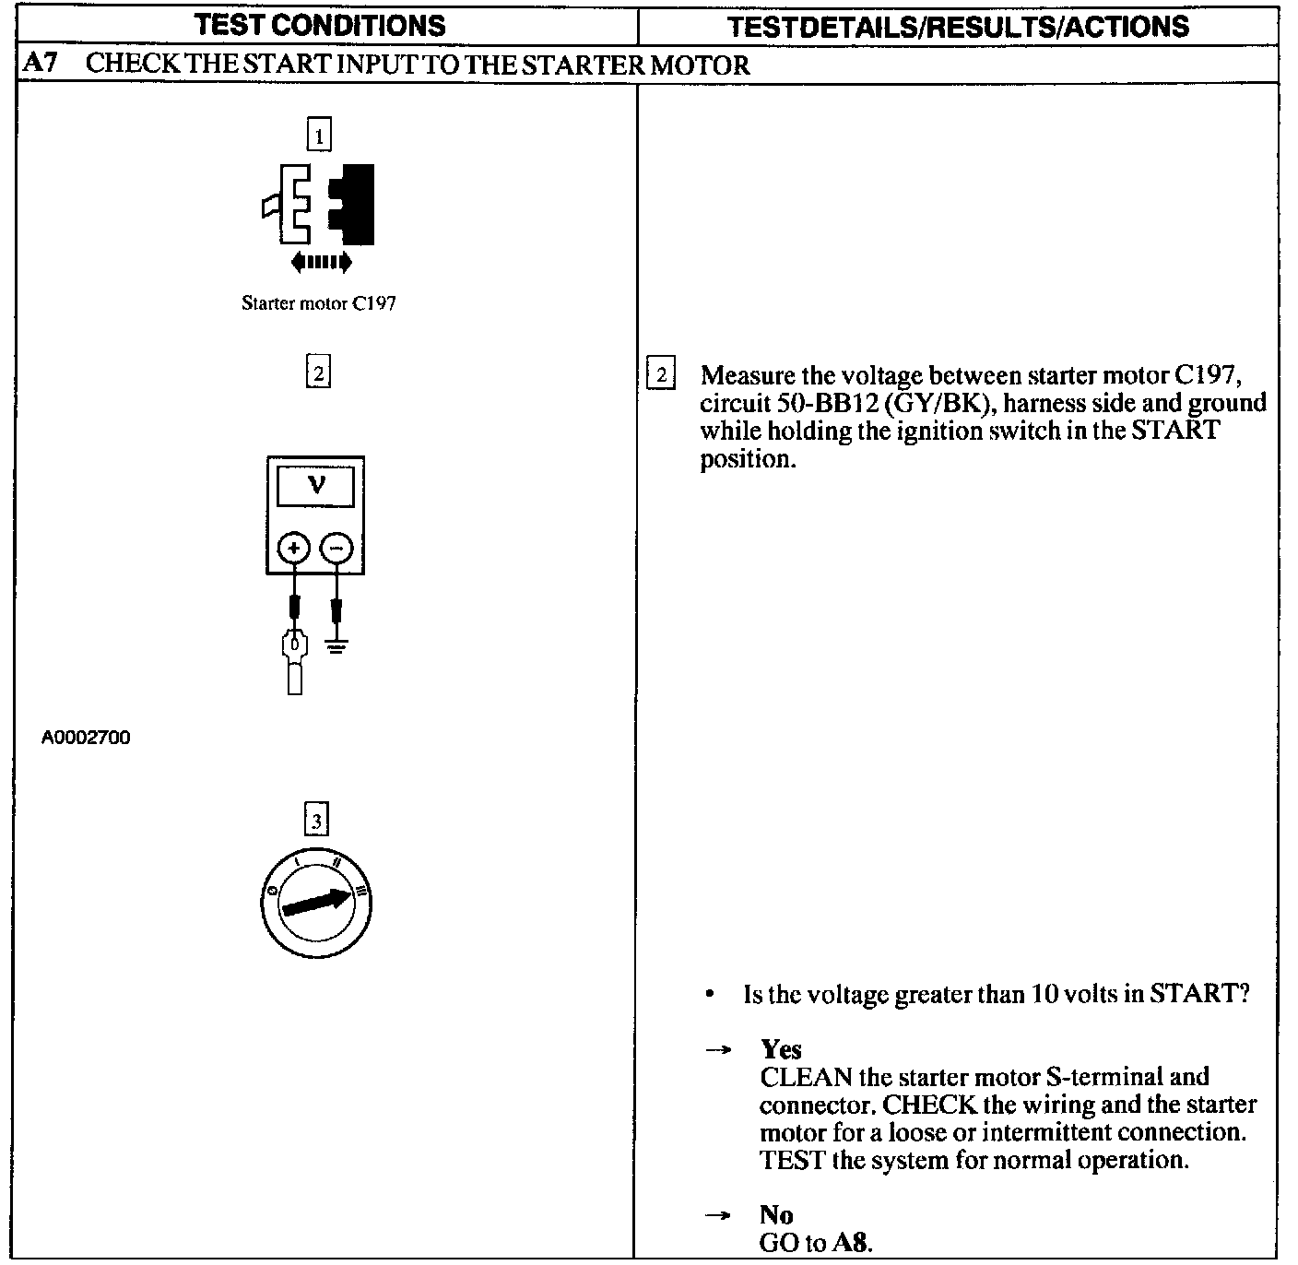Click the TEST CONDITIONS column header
[321, 25]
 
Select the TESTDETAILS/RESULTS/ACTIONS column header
[958, 26]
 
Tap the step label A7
[38, 65]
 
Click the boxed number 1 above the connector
[318, 136]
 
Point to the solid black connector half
[355, 205]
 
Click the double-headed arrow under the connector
[321, 263]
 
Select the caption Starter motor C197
[319, 302]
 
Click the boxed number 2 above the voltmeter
[318, 372]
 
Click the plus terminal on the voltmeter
[294, 550]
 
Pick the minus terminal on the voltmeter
[336, 550]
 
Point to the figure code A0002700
[86, 738]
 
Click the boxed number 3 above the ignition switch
[316, 820]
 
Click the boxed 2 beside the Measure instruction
[661, 375]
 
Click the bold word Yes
[781, 1049]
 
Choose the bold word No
[776, 1214]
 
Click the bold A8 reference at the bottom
[850, 1242]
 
